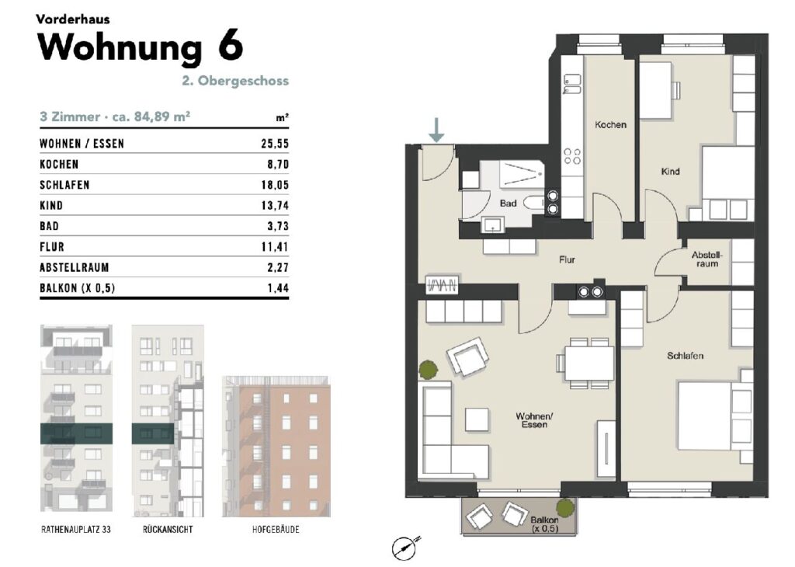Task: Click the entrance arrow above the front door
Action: (436, 130)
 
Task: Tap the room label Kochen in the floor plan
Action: (610, 125)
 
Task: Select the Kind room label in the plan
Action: (670, 172)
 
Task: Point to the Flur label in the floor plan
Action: (567, 259)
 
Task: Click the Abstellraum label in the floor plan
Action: (706, 259)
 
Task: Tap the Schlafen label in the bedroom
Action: (685, 356)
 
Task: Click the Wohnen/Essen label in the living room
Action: (534, 420)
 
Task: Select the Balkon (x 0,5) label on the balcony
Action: (544, 524)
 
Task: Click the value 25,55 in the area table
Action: (275, 144)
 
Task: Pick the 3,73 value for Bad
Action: (279, 226)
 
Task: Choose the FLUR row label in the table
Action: (52, 247)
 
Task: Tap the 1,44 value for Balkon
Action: (279, 288)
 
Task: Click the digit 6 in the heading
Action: (231, 47)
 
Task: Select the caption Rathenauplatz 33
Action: (76, 530)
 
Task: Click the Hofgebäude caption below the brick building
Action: (276, 530)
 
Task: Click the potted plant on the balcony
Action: (565, 507)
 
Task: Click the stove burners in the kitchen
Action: (573, 156)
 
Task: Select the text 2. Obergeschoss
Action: (235, 81)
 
